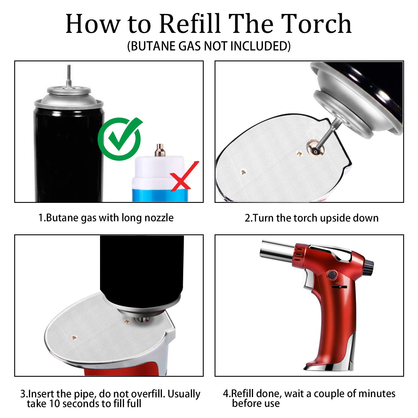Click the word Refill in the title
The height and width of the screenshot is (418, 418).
[190, 24]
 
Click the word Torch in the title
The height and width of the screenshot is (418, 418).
[316, 24]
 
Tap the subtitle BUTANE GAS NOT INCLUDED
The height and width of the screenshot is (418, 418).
[209, 46]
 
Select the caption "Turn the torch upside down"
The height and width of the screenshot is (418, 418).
[312, 218]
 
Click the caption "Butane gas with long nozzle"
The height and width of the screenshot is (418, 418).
[106, 218]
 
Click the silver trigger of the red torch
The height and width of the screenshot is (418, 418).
[309, 282]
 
